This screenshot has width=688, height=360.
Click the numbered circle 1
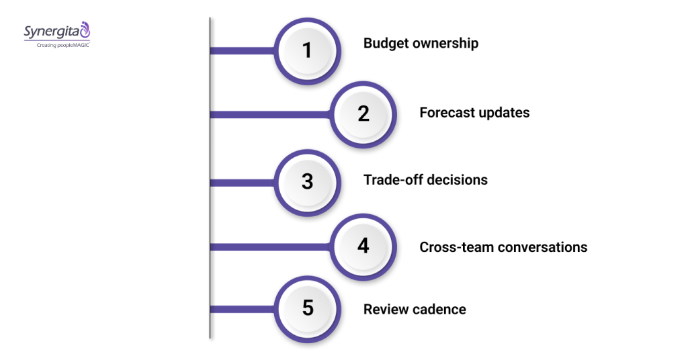pyautogui.click(x=308, y=50)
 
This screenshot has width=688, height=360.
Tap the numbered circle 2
pyautogui.click(x=363, y=114)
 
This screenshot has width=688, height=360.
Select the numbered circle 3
pyautogui.click(x=308, y=181)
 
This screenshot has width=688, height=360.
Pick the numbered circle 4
pyautogui.click(x=363, y=246)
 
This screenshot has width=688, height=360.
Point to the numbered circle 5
pyautogui.click(x=308, y=308)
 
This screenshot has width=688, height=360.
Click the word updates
pyautogui.click(x=504, y=113)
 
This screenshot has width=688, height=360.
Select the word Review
pyautogui.click(x=385, y=310)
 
